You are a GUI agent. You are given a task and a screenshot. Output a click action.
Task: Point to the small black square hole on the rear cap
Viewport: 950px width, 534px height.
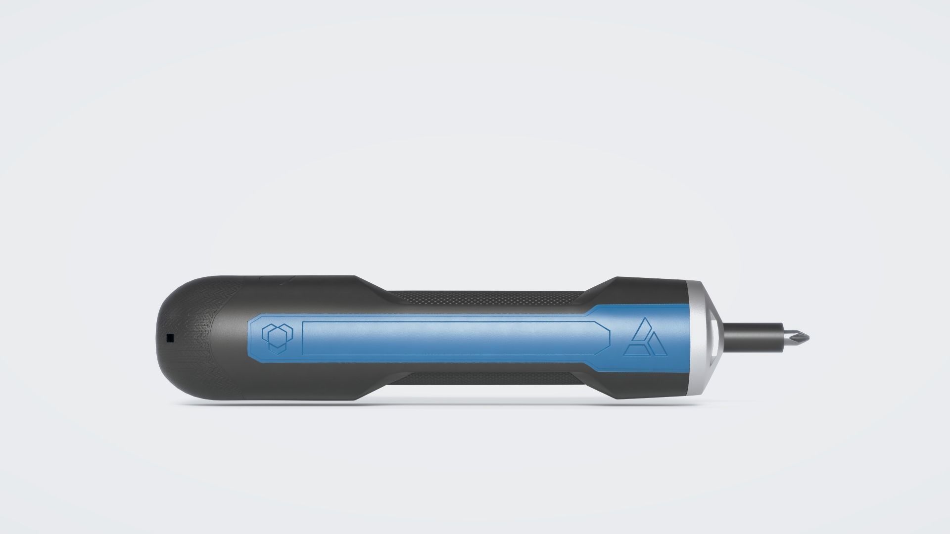pyautogui.click(x=170, y=338)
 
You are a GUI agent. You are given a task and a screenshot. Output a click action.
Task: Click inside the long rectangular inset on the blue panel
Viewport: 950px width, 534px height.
pyautogui.click(x=445, y=337)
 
